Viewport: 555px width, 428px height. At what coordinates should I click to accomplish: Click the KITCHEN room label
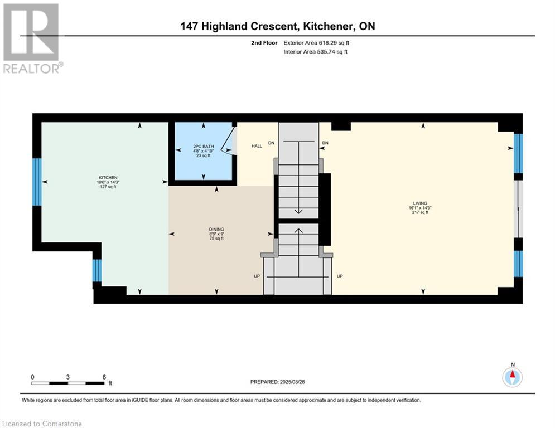click(108, 178)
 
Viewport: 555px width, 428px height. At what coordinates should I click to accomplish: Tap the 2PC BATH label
click(204, 147)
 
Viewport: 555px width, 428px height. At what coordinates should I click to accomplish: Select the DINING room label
click(216, 229)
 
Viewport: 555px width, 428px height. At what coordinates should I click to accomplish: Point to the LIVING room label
click(420, 203)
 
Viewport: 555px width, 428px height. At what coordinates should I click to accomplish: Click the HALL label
click(257, 146)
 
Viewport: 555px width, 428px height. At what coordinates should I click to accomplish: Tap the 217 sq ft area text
click(420, 212)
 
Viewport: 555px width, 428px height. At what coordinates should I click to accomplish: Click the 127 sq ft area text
click(108, 186)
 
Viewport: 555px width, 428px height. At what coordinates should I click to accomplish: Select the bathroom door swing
click(228, 140)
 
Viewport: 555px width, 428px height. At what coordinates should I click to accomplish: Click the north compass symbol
click(513, 377)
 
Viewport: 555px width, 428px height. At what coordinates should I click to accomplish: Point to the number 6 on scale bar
click(104, 377)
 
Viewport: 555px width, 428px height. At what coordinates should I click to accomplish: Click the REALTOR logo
click(32, 38)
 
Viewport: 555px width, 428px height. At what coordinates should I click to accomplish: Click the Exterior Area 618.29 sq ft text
click(316, 43)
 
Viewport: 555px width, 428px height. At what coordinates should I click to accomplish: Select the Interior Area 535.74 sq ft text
click(315, 52)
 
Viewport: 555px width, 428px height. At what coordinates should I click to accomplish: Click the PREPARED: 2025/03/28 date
click(278, 382)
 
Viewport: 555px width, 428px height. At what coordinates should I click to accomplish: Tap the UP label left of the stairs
click(257, 276)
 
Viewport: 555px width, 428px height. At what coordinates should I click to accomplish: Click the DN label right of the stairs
click(325, 143)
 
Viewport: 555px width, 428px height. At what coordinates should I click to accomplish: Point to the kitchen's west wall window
click(37, 182)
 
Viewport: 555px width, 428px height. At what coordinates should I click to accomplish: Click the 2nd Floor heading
click(264, 43)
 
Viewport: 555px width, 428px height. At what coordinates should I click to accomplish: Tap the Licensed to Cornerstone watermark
click(42, 424)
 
